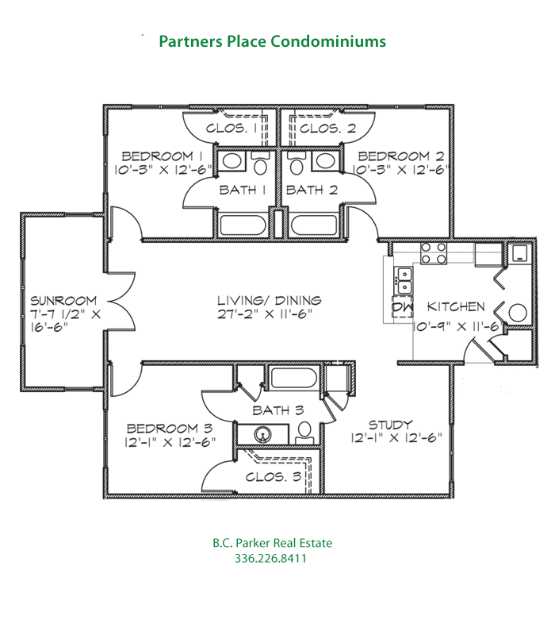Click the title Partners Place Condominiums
(272, 41)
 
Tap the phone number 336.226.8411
(271, 559)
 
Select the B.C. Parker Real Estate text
(272, 543)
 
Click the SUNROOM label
(63, 301)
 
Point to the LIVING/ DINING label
(270, 300)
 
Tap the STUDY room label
(391, 425)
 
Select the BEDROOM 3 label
(166, 426)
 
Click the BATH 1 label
(243, 190)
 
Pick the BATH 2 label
(312, 190)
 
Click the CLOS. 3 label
(273, 477)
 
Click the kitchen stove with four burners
(434, 253)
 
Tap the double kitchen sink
(405, 279)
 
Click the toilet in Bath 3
(304, 432)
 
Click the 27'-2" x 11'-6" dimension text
(270, 314)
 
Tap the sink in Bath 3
(263, 433)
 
